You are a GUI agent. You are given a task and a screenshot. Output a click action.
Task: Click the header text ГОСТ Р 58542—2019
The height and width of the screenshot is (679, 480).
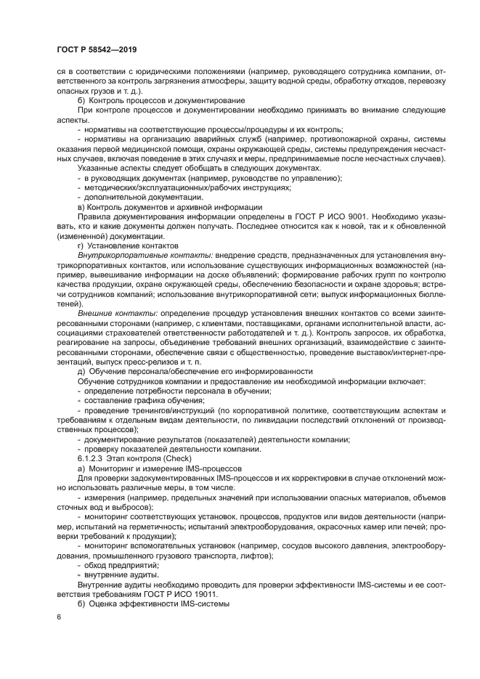tap(97, 49)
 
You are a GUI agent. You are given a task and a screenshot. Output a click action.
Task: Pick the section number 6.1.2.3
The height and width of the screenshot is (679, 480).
tap(92, 458)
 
